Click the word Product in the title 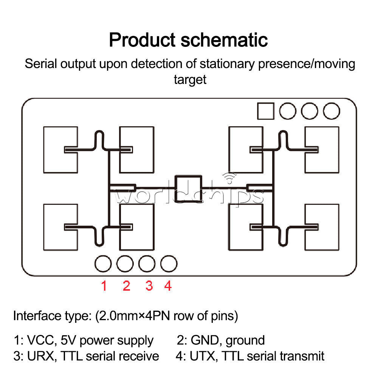pyautogui.click(x=142, y=40)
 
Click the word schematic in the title pyautogui.click(x=224, y=40)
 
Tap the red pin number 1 pyautogui.click(x=104, y=286)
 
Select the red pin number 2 pyautogui.click(x=127, y=286)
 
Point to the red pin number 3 pyautogui.click(x=149, y=286)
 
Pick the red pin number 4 pyautogui.click(x=168, y=286)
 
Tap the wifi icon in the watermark pyautogui.click(x=229, y=178)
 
